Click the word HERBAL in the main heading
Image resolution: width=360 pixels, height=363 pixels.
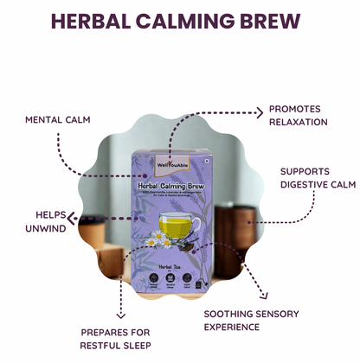pos(96,21)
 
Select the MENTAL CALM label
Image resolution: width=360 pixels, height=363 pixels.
pos(58,118)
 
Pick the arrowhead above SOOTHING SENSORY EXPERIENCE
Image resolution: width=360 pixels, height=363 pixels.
pos(254,291)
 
